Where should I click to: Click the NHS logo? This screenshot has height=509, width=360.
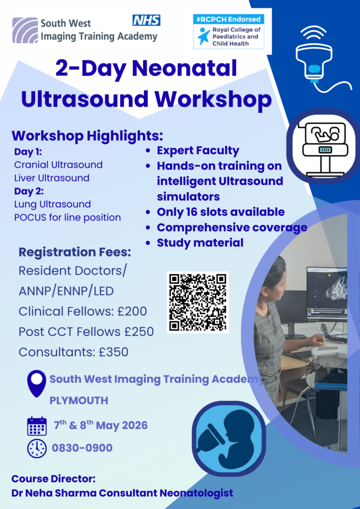pyautogui.click(x=146, y=20)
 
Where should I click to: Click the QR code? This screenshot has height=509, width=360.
pyautogui.click(x=197, y=302)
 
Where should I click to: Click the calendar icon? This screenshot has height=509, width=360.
pyautogui.click(x=37, y=426)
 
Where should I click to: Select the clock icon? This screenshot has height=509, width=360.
pyautogui.click(x=37, y=448)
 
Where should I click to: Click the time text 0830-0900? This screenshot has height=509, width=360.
pyautogui.click(x=82, y=448)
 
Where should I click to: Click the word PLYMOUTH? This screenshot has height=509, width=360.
pyautogui.click(x=79, y=401)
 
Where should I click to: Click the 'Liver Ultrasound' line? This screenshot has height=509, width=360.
pyautogui.click(x=52, y=178)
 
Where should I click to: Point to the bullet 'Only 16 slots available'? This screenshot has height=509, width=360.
pyautogui.click(x=221, y=212)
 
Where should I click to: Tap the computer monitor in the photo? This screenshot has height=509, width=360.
pyautogui.click(x=326, y=293)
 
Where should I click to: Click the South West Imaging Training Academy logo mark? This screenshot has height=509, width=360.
pyautogui.click(x=25, y=30)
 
